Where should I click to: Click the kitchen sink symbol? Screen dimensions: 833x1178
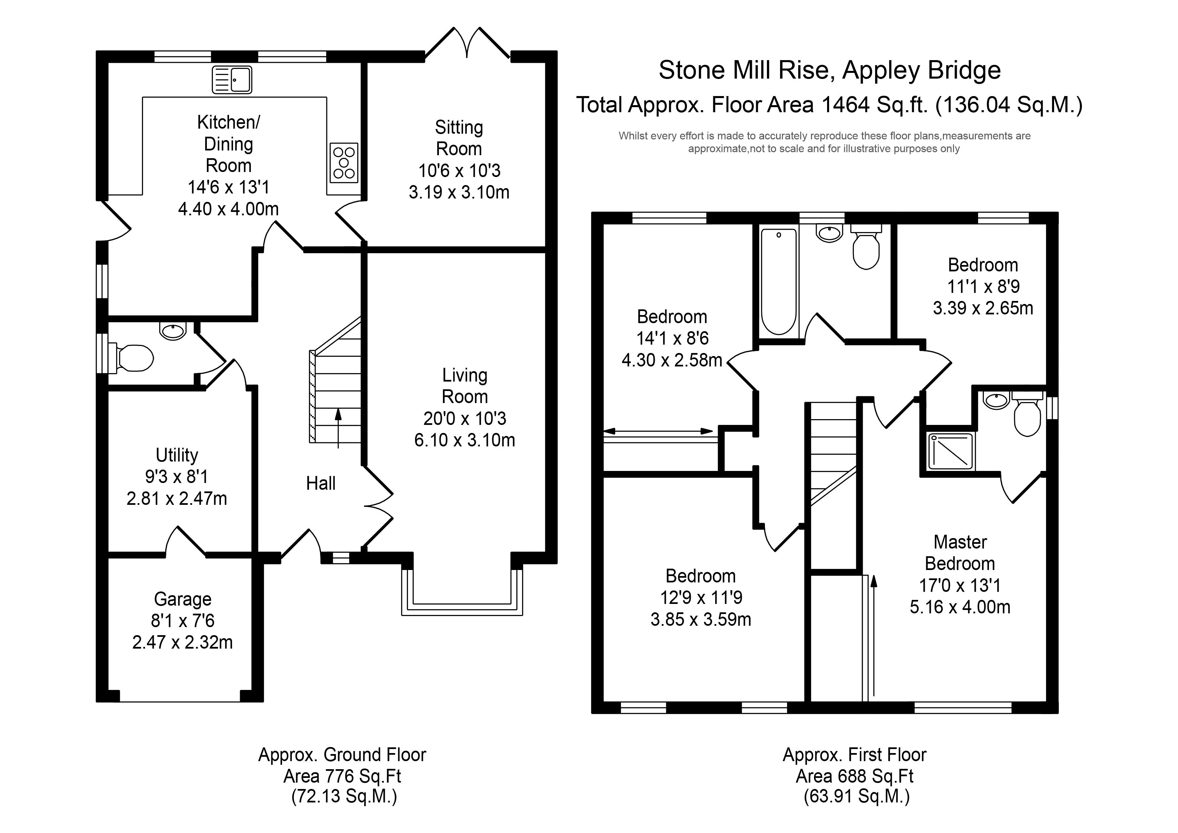coord(232,80)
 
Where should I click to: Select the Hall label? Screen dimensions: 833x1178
coord(321,483)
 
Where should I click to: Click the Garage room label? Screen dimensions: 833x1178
coord(183,599)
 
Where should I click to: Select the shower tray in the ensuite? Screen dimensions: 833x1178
coord(951,451)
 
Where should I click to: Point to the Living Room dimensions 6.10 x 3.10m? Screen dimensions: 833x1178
coord(464,440)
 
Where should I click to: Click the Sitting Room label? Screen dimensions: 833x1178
coord(459,138)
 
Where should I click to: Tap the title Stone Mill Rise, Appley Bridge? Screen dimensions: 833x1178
coord(830,70)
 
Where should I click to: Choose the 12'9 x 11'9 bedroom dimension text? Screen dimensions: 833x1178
coord(701,598)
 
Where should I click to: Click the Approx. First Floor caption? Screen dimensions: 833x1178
coord(854,754)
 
